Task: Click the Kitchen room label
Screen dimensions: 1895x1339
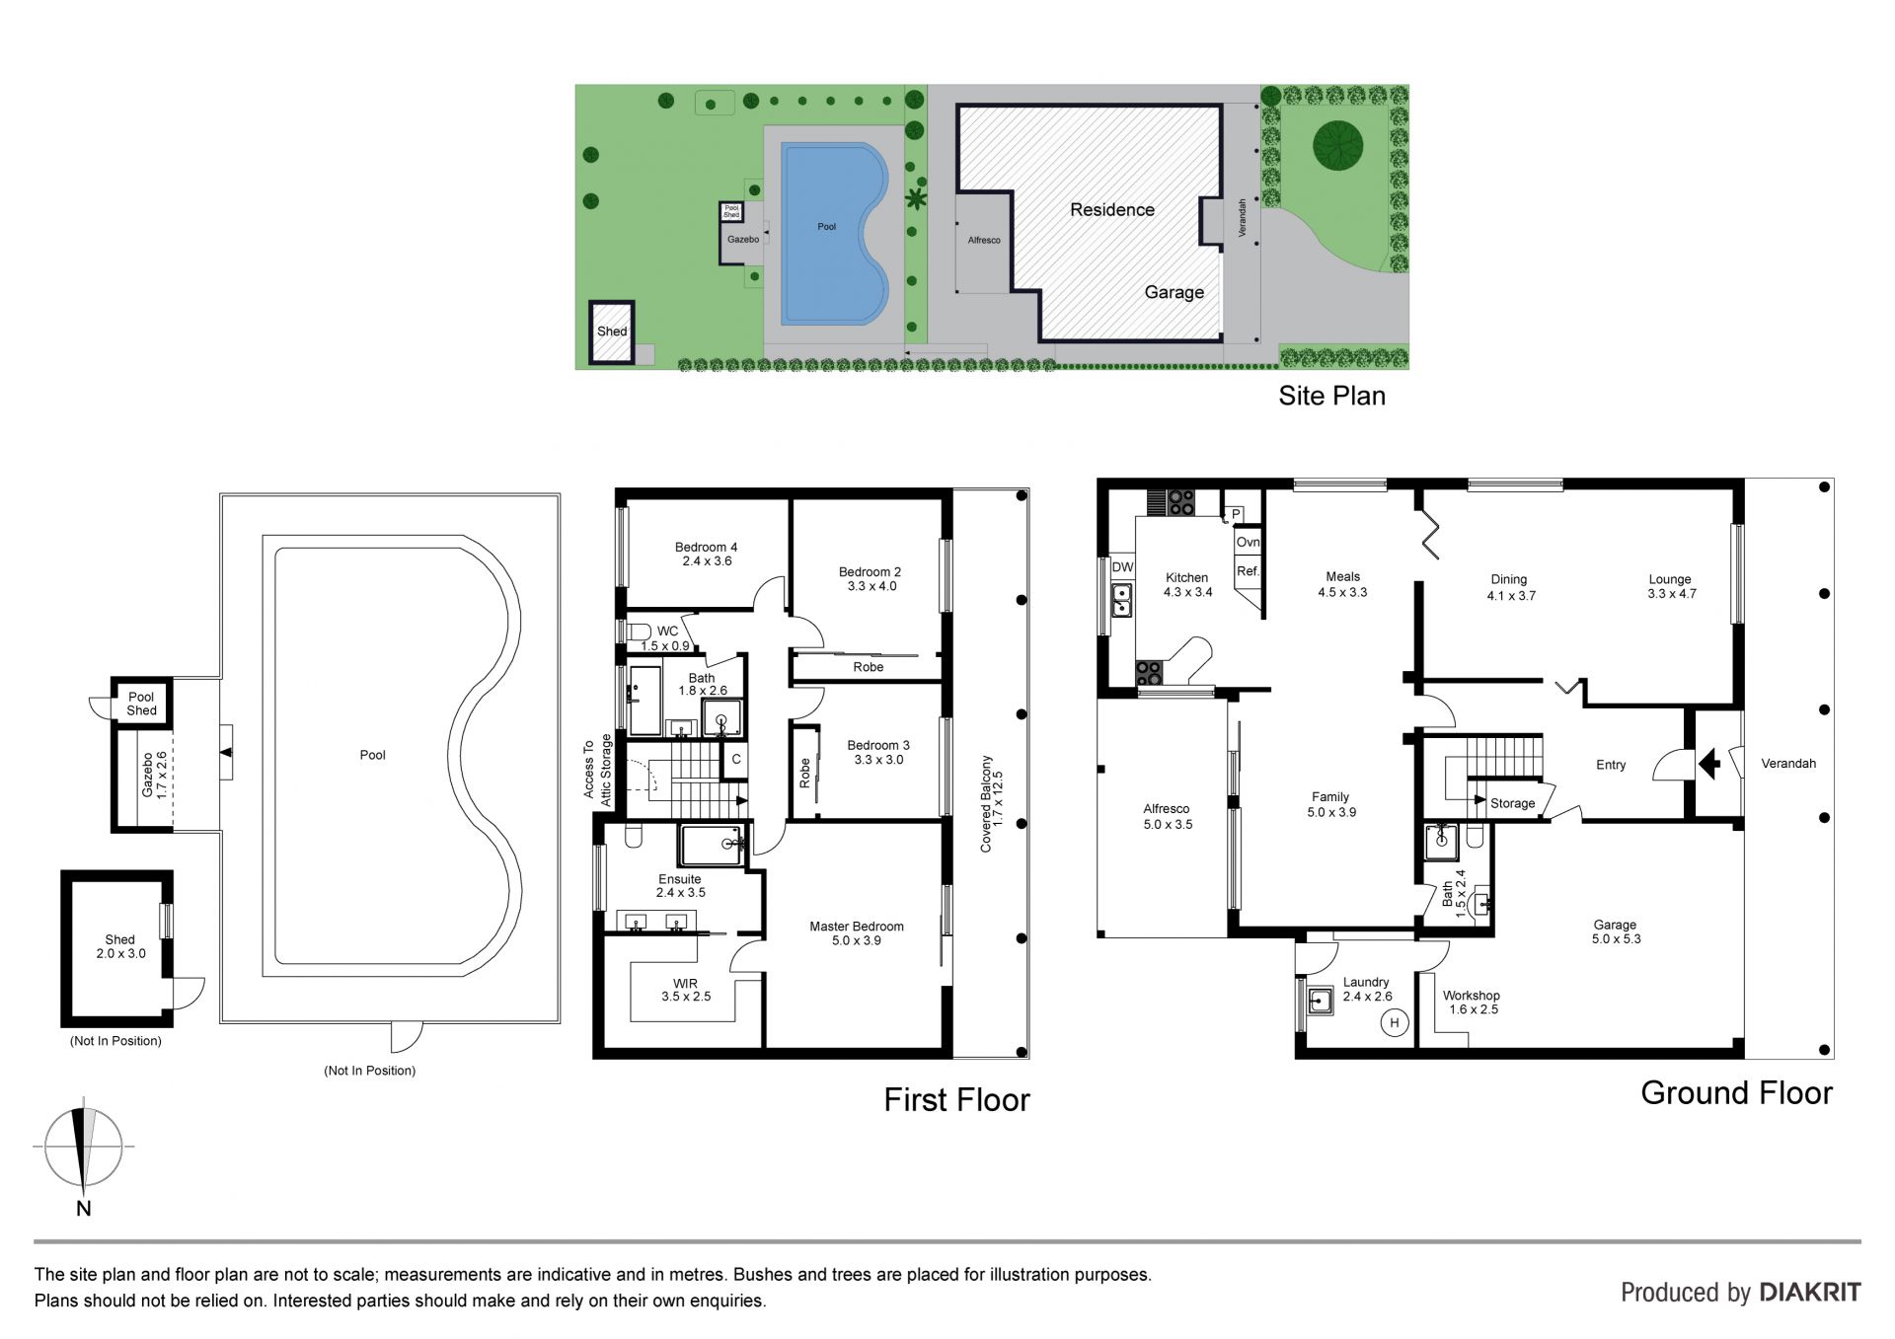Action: tap(1186, 577)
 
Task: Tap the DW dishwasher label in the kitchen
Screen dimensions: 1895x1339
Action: tap(1122, 567)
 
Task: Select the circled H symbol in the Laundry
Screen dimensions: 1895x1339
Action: tap(1395, 1022)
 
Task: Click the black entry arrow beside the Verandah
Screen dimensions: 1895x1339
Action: tap(1709, 763)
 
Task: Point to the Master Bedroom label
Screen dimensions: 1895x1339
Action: tap(857, 927)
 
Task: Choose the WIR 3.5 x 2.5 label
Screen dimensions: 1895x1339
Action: tap(686, 990)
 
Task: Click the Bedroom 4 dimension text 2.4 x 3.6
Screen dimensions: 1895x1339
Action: tap(707, 561)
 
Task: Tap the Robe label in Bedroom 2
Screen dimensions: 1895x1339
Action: tap(869, 667)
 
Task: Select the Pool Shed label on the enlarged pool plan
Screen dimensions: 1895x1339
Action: tap(141, 704)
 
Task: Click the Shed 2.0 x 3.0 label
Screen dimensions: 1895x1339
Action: tap(120, 946)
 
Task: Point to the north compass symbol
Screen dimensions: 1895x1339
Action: tap(84, 1147)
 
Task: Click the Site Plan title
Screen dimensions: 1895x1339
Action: tap(1331, 396)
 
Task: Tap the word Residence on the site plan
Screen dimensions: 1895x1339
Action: tap(1112, 210)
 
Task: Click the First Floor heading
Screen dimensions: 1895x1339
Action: tap(956, 1100)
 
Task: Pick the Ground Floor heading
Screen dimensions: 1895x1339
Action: tap(1736, 1093)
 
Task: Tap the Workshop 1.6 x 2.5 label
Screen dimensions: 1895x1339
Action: tap(1472, 1003)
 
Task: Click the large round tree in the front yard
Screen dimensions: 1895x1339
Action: tap(1337, 146)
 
